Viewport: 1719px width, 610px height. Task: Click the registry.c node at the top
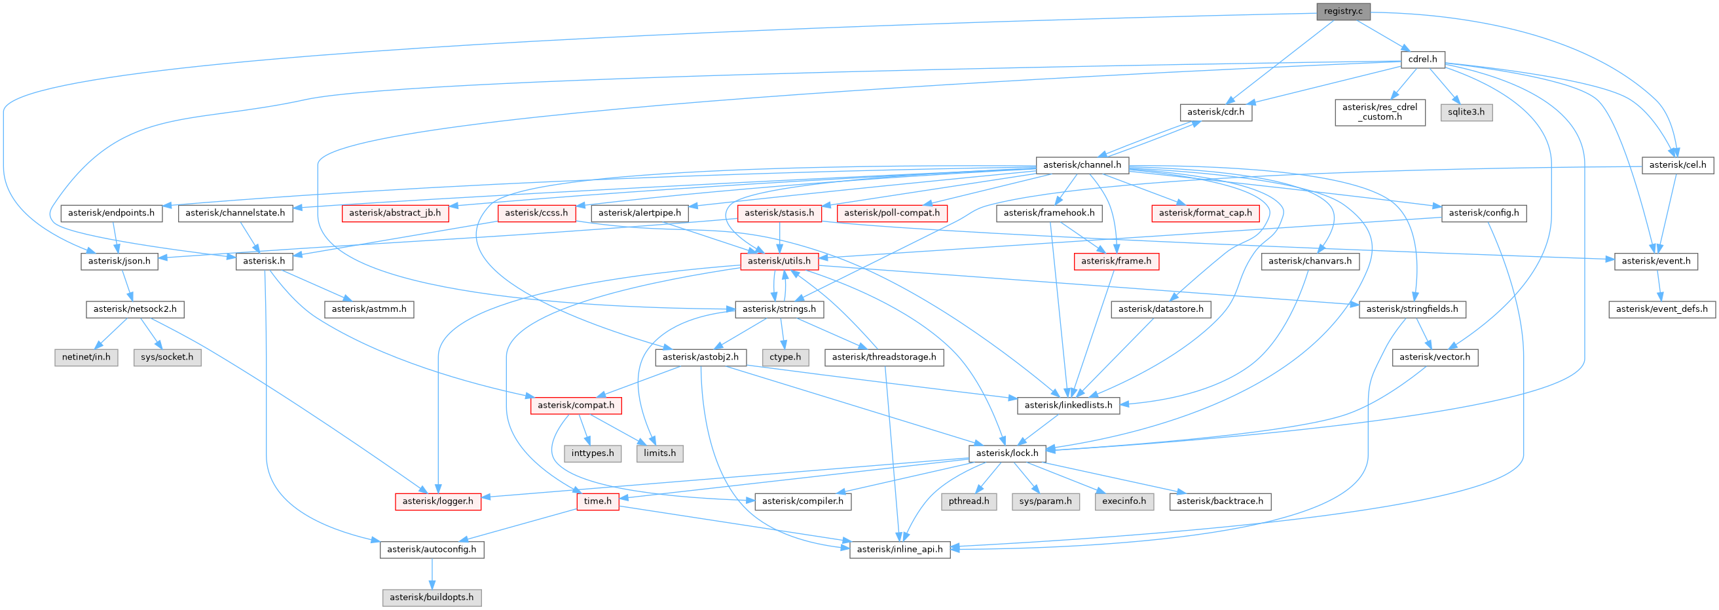pos(1342,11)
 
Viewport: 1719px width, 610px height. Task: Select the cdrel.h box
pos(1422,60)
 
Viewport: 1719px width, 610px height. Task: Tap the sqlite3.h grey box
pos(1466,112)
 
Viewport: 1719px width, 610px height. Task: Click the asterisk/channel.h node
pos(1082,165)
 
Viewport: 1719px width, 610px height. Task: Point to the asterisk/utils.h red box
pos(779,261)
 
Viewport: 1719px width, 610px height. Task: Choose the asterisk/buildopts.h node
pos(431,598)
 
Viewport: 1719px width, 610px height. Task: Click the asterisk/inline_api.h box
pos(899,549)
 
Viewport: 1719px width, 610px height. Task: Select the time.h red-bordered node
pos(597,501)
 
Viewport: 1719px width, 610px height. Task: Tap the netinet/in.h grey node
pos(86,357)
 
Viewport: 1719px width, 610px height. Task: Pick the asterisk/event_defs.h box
pos(1661,309)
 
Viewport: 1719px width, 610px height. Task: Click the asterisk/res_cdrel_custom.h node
pos(1379,112)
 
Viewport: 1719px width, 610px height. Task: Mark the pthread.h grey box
pos(969,501)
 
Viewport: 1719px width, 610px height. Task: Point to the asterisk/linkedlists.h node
pos(1067,405)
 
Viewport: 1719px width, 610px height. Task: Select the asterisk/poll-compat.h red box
pos(891,213)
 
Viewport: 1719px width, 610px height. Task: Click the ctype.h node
pos(785,357)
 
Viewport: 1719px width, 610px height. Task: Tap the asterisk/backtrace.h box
pos(1219,501)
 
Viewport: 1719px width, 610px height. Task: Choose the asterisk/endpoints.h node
pos(111,213)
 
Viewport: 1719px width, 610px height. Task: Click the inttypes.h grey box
pos(593,453)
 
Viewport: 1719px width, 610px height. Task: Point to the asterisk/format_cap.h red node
pos(1204,213)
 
